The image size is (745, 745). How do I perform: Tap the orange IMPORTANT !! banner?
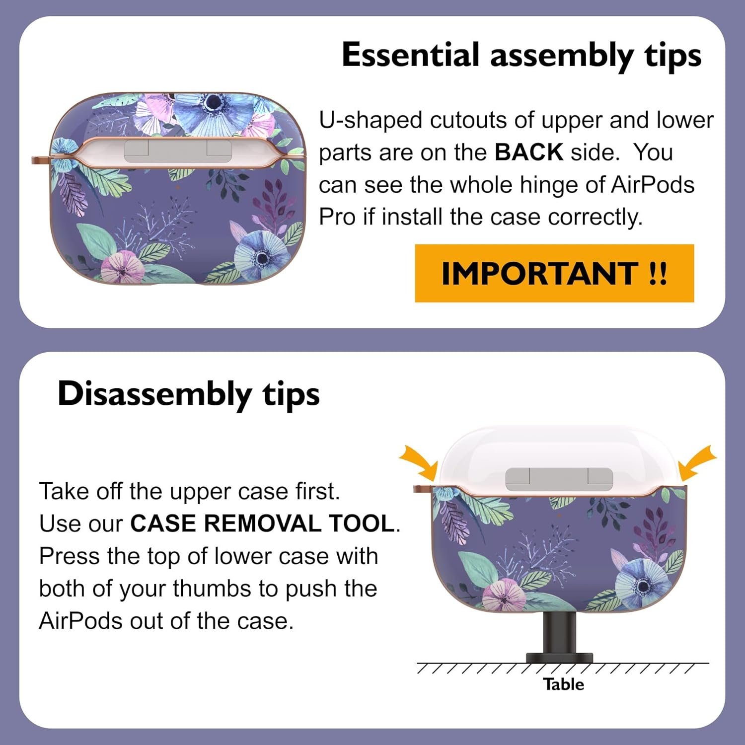coord(554,273)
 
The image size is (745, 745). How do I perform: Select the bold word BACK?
coord(528,152)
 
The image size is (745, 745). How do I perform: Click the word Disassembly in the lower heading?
coord(154,395)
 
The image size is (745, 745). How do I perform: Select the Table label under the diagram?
coord(563,684)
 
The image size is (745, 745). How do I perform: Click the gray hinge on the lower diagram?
coord(559,479)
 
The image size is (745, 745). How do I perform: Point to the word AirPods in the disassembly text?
coord(79,621)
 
